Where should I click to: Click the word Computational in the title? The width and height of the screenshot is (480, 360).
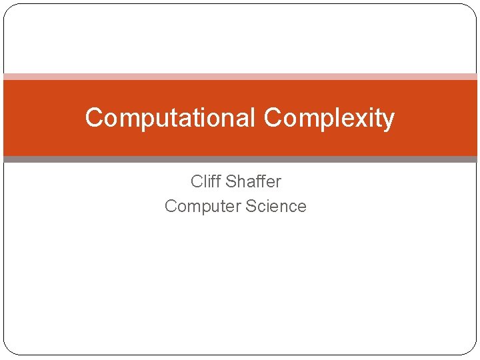pos(170,118)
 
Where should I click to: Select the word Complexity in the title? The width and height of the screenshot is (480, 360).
pos(329,118)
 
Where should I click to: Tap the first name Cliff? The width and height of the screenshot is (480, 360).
pos(205,181)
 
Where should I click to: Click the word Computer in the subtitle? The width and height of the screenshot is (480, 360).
pos(202,206)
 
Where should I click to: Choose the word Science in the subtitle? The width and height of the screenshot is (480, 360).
pos(276,206)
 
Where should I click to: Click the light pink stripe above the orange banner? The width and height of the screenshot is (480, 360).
pos(240,77)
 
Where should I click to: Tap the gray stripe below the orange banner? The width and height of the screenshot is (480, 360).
pos(240,159)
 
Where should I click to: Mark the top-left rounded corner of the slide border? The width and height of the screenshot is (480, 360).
pos(9,9)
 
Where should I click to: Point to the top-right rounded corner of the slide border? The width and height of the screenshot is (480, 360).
pos(471,9)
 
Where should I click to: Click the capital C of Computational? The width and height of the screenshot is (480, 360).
pos(94,118)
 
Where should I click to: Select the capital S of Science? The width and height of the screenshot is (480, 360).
pos(251,206)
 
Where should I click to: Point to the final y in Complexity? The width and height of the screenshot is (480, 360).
pos(389,121)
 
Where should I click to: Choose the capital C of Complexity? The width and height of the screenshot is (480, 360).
pos(272,118)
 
